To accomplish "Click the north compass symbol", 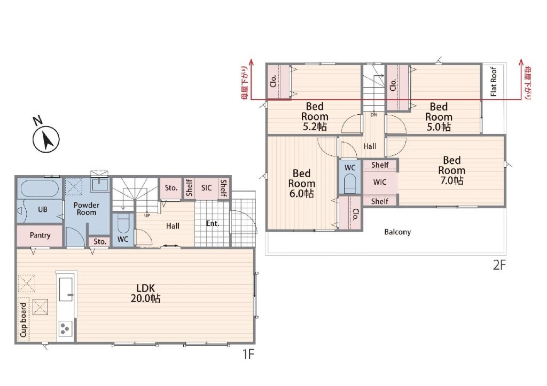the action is [x=46, y=139].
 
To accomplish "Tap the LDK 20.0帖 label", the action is [x=145, y=293].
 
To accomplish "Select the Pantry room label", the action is [x=40, y=235].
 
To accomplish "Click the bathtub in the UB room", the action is [x=39, y=188].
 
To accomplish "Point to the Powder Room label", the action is [x=86, y=209].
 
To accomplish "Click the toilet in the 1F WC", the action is [x=123, y=223].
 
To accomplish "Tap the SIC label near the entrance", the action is [x=206, y=188].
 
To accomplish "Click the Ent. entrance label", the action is [x=213, y=223].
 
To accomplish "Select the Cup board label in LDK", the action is [x=23, y=320].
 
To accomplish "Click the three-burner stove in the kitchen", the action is [x=65, y=328].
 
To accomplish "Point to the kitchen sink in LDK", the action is [x=66, y=289].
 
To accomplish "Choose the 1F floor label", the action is [x=248, y=355].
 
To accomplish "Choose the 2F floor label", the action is [x=499, y=265].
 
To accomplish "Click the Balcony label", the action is [x=397, y=232].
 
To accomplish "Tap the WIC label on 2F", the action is [x=380, y=182].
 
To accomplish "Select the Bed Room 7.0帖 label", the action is [x=451, y=170].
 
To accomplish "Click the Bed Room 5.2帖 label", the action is [x=315, y=116].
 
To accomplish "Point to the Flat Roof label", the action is [x=493, y=81].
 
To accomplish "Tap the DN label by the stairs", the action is [x=373, y=115].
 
